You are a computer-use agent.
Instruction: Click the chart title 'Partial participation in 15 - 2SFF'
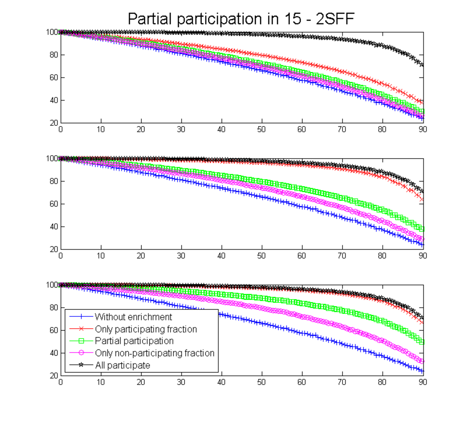click(x=241, y=19)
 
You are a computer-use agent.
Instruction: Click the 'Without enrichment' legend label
click(x=133, y=317)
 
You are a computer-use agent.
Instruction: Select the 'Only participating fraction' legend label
click(x=146, y=329)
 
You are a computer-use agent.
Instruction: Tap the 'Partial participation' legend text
click(x=134, y=341)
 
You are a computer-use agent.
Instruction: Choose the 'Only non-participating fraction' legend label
click(x=154, y=353)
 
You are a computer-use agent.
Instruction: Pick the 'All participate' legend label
click(x=122, y=365)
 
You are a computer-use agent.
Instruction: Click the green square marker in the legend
click(x=81, y=341)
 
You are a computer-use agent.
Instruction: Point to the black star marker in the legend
click(x=81, y=365)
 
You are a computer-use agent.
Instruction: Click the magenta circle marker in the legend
click(x=81, y=353)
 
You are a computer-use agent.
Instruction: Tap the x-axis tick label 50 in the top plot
click(x=262, y=129)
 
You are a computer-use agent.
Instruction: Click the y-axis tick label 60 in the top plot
click(x=54, y=77)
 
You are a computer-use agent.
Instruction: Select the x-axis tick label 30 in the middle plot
click(x=181, y=256)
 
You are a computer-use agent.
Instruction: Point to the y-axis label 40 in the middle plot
click(x=54, y=226)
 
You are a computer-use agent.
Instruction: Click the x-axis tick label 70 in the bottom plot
click(x=342, y=382)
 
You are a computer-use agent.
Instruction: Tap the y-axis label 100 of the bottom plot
click(x=52, y=284)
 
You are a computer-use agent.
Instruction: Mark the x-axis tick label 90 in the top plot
click(x=423, y=129)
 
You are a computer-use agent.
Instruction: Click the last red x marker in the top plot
click(x=422, y=102)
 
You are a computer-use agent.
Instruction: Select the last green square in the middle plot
click(x=422, y=229)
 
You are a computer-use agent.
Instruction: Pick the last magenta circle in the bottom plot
click(x=422, y=361)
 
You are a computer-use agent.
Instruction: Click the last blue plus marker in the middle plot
click(x=422, y=245)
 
